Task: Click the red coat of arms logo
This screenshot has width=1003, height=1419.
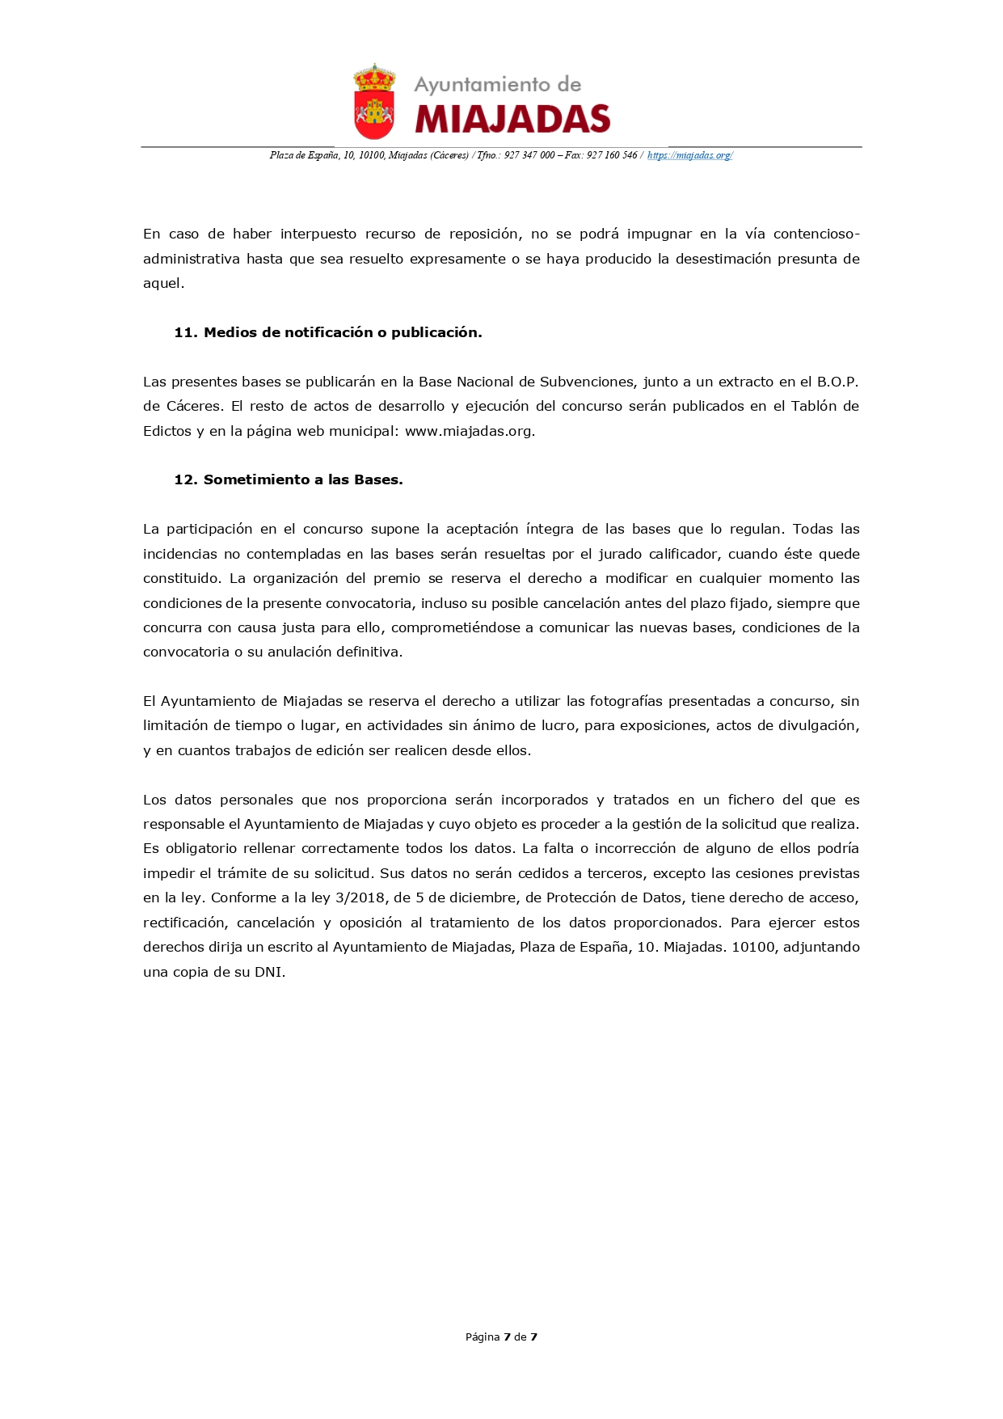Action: pos(374,102)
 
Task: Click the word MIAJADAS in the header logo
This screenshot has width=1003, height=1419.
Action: pos(512,120)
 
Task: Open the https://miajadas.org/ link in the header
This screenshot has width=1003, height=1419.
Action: pos(689,155)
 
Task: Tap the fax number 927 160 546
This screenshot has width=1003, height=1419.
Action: pos(612,155)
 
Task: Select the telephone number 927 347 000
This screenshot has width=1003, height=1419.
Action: pos(529,155)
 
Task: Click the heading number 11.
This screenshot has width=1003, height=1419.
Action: pos(186,332)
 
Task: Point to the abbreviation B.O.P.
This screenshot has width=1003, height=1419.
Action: pos(837,382)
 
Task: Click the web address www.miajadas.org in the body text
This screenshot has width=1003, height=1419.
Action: pos(470,431)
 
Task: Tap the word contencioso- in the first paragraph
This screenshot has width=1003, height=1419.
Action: pos(816,234)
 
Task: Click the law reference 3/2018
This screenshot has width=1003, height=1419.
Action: pos(360,897)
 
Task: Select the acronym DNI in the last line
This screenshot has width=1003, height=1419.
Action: pos(268,972)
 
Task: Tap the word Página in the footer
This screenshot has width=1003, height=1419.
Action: pos(483,1337)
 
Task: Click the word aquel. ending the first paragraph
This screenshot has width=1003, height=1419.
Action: pos(163,283)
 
